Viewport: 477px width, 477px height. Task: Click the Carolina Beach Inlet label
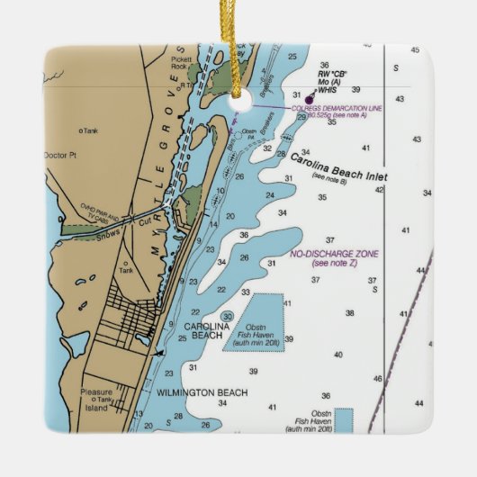click(338, 166)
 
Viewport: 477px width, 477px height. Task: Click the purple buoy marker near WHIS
click(310, 99)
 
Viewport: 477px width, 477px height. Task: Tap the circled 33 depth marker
click(229, 316)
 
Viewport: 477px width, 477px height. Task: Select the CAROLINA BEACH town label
click(202, 330)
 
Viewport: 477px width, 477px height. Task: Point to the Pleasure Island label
click(95, 400)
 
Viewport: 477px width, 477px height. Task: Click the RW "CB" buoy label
click(332, 71)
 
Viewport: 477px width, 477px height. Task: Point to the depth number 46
click(378, 379)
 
